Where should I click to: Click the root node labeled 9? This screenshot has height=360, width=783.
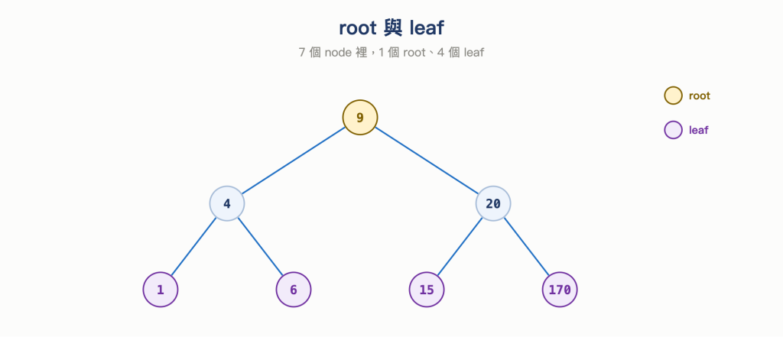(360, 118)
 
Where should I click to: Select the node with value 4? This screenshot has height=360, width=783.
(226, 204)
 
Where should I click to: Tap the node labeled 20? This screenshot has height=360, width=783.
(493, 204)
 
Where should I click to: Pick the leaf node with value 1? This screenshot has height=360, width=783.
(161, 290)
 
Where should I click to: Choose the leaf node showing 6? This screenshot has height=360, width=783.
(294, 290)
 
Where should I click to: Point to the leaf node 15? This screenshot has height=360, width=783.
(427, 290)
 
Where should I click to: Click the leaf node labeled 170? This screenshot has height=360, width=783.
(560, 290)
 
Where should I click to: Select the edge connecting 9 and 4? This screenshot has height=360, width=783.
(294, 161)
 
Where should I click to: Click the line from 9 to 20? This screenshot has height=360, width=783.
(427, 161)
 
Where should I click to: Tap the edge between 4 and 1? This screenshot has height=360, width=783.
(193, 247)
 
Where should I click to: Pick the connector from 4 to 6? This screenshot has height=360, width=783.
(260, 247)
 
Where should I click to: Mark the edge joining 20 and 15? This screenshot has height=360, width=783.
(460, 247)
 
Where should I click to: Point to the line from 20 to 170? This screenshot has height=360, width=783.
(526, 247)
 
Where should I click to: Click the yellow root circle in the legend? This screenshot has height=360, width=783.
(673, 96)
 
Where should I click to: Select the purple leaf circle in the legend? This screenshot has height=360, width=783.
(673, 130)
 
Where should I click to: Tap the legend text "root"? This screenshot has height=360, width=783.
(699, 96)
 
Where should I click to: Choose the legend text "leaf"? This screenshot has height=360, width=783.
(699, 131)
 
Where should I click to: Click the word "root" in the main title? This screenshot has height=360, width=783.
(358, 28)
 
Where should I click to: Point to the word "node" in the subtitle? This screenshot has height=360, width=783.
(337, 53)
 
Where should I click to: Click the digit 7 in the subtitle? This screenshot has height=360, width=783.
(301, 53)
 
